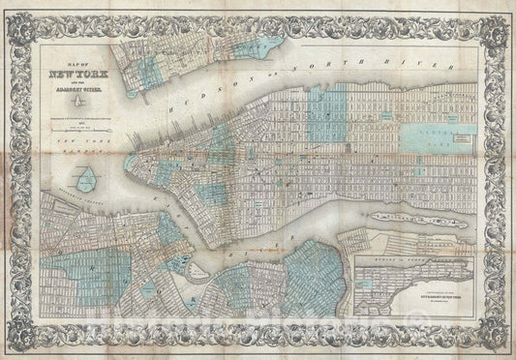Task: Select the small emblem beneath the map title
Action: pyautogui.click(x=74, y=105)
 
